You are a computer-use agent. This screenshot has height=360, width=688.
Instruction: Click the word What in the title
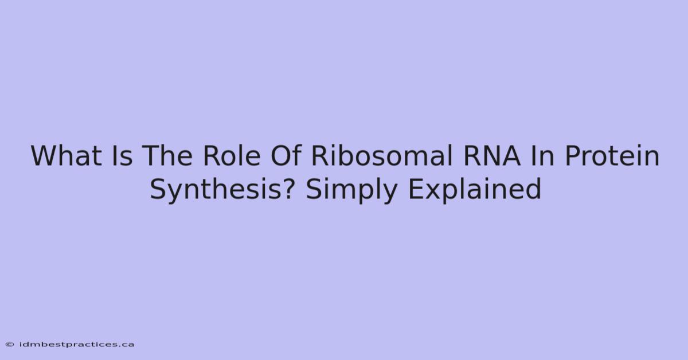click(x=67, y=156)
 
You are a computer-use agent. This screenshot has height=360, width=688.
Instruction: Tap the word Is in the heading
click(x=122, y=156)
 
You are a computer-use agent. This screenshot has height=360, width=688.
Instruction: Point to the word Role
click(x=232, y=156)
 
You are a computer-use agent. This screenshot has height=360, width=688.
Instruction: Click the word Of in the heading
click(x=286, y=156)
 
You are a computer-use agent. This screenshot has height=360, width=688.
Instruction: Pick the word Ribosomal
click(x=382, y=156)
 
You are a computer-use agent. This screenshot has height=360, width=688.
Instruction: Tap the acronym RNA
click(x=492, y=156)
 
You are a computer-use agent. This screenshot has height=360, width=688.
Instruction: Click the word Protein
click(x=612, y=156)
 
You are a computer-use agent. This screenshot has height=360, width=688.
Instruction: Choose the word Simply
click(x=351, y=190)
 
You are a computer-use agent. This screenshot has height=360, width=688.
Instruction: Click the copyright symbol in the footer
click(x=10, y=345)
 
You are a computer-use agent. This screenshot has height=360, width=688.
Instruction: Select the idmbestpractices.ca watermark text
click(x=76, y=345)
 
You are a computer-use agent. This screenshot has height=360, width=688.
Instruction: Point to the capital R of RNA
click(x=471, y=156)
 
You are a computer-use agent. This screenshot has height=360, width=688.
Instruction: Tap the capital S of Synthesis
click(x=158, y=189)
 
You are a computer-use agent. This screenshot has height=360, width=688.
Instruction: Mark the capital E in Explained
click(x=416, y=189)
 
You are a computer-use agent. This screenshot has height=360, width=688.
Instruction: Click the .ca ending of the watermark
click(x=126, y=345)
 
